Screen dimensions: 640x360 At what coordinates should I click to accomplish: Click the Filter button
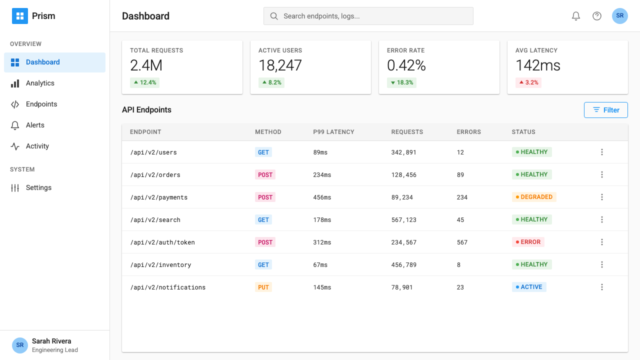pos(605,110)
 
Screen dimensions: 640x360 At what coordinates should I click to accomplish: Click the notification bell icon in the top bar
pos(575,16)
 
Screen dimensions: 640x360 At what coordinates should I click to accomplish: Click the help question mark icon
pos(597,16)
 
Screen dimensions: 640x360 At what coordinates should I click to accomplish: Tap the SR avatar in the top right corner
pos(619,16)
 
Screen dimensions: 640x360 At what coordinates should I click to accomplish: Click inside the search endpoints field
pos(368,16)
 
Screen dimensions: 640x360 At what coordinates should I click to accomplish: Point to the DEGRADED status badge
pos(533,197)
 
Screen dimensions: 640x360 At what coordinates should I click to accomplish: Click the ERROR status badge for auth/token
pos(527,242)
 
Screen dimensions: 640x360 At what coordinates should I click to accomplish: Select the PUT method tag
pos(263,287)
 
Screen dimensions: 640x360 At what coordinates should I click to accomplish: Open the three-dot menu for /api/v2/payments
pos(601,197)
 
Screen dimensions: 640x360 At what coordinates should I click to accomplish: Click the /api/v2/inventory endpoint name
pos(160,265)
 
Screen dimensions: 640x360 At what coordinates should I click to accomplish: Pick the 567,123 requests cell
pos(403,219)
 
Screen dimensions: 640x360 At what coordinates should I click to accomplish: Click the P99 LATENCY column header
pos(333,132)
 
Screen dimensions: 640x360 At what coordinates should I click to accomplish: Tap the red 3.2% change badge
pos(528,82)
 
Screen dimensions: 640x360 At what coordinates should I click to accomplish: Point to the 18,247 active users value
pos(280,65)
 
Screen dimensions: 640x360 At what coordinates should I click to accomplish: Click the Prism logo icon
pos(20,16)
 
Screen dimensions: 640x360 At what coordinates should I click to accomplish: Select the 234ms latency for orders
pos(322,175)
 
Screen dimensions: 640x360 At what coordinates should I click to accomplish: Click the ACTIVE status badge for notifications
pos(529,287)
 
